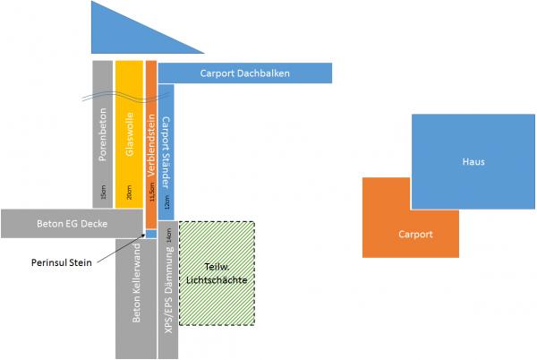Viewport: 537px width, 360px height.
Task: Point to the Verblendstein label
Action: coord(151,142)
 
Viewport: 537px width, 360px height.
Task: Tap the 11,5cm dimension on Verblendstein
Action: coord(151,193)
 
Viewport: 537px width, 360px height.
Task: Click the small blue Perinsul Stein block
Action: coord(151,234)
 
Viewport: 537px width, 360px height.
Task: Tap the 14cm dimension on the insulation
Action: coord(168,235)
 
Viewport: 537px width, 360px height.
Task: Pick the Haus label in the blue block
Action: coord(473,162)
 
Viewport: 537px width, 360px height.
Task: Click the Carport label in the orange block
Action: coord(414,235)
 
